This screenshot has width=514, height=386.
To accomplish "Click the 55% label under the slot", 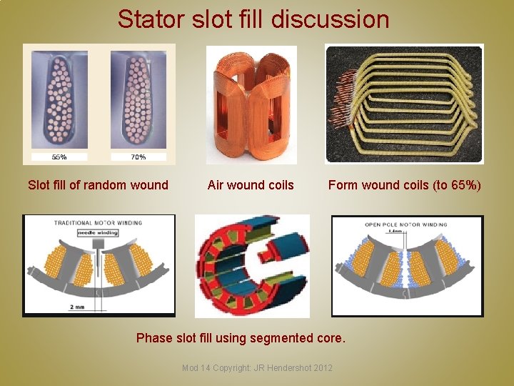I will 59,157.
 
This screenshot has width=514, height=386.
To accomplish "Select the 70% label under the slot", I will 138,157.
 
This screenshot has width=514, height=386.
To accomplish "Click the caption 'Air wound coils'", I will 251,185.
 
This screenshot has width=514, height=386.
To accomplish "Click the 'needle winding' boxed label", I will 97,232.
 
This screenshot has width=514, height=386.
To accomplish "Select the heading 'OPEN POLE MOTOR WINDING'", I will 406,224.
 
